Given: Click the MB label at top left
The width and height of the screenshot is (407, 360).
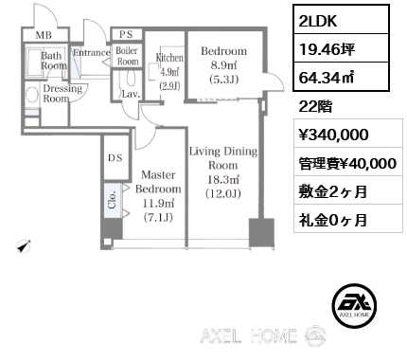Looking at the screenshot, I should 44,36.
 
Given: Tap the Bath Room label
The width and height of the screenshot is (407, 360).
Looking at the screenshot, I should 54,62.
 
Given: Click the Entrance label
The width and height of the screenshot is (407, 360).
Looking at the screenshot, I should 92,53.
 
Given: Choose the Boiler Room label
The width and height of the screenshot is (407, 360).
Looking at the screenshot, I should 128,55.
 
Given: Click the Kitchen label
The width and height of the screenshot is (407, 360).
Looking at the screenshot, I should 169,72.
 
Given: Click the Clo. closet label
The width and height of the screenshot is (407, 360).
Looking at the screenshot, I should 112,201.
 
